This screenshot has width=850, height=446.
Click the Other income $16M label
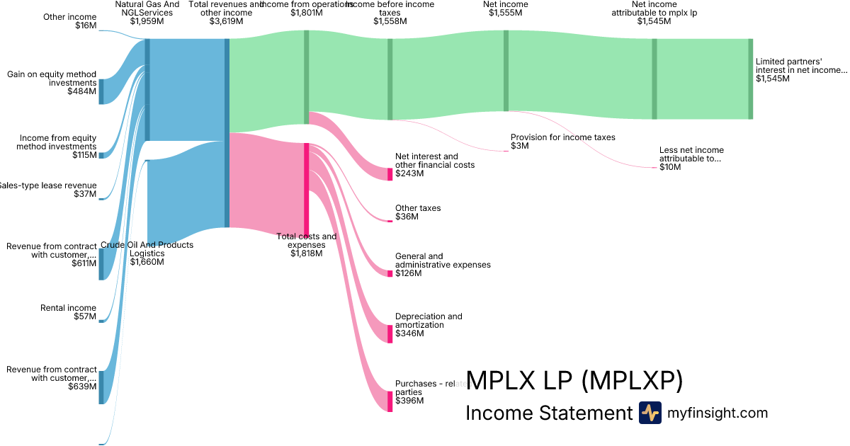tap(69, 21)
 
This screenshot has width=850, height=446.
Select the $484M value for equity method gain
tap(82, 91)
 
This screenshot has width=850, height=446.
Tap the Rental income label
tap(68, 308)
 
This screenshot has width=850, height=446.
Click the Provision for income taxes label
tap(562, 137)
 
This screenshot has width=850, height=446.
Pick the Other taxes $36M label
tap(418, 212)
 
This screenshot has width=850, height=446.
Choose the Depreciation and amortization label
tap(428, 321)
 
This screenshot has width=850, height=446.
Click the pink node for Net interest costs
tap(390, 174)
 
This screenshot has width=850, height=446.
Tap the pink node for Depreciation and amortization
tap(390, 333)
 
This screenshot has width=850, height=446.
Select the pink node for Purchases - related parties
tap(390, 401)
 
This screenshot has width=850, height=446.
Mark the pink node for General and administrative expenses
tap(390, 273)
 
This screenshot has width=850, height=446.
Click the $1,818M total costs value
tap(307, 253)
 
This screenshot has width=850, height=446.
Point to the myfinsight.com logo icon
tap(650, 413)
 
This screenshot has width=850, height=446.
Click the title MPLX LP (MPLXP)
tap(574, 381)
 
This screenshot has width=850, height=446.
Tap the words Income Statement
tap(548, 413)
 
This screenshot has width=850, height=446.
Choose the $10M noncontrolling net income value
tap(670, 168)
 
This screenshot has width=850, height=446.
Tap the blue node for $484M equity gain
tap(101, 91)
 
